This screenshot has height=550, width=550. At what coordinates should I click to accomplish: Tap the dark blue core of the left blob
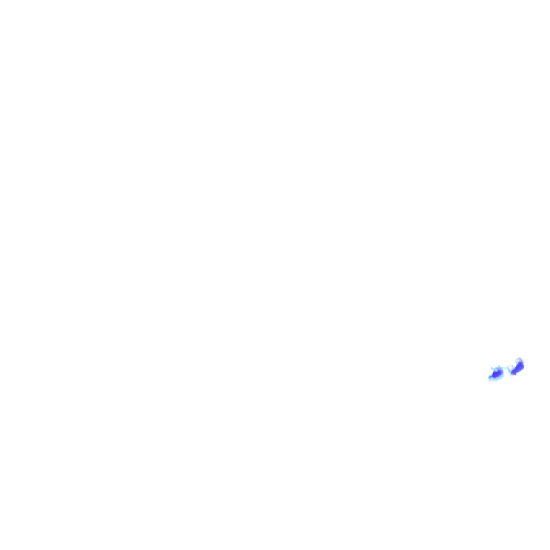496,373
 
